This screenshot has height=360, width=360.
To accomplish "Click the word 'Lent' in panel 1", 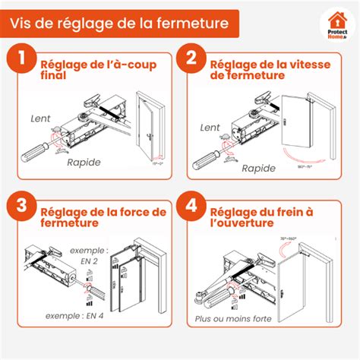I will click(41, 119).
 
